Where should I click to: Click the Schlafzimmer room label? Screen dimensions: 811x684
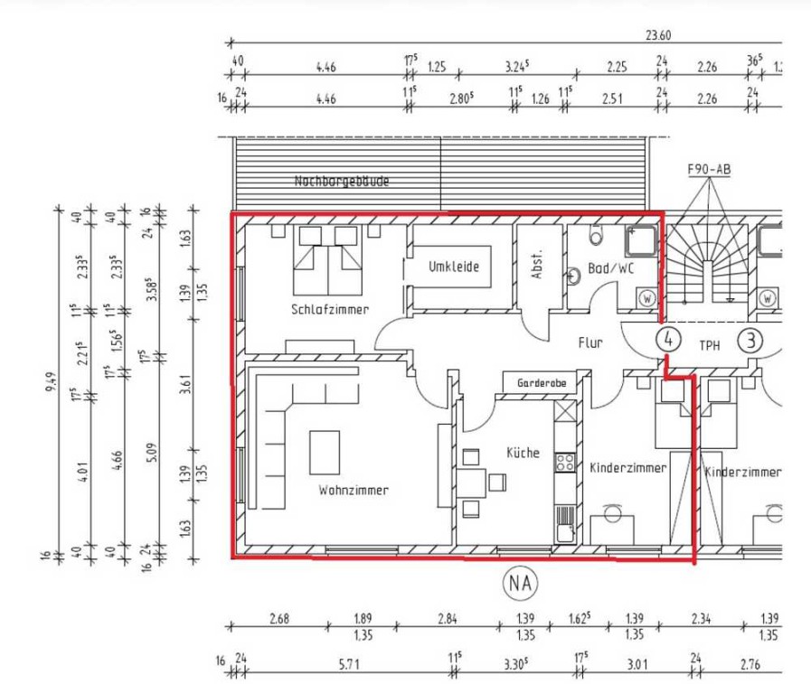coord(330,309)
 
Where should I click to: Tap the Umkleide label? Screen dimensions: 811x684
coord(454,267)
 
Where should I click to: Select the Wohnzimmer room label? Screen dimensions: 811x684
coord(354,490)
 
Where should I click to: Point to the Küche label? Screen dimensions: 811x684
coord(523,453)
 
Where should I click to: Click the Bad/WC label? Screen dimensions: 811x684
coord(610,268)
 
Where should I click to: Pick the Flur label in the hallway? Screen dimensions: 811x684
coord(590,342)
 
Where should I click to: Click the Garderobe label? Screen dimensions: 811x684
coord(542,383)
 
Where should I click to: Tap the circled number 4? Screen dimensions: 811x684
coord(669,340)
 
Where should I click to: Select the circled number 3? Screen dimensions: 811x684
coord(750,341)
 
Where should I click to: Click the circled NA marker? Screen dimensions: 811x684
coord(520,583)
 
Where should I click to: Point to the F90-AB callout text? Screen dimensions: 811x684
coord(709,170)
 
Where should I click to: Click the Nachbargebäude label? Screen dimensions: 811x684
coord(342,181)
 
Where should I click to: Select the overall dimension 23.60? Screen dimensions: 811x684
coord(658,35)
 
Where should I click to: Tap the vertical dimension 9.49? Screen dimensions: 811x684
coord(51,381)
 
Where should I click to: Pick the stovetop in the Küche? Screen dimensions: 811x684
coord(565,462)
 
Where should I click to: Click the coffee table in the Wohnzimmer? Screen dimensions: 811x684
coord(325,453)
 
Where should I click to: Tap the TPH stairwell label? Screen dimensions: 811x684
coord(709,345)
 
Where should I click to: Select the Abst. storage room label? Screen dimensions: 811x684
coord(537,265)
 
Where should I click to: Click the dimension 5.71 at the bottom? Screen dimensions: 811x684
coord(349,663)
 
